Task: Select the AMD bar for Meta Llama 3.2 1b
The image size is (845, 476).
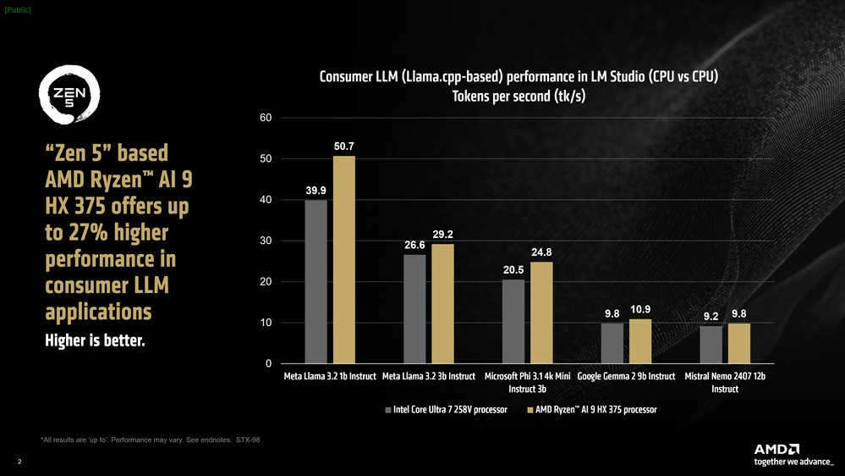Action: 343,260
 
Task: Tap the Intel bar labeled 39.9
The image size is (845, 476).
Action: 316,282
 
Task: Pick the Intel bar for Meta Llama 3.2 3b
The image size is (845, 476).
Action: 414,309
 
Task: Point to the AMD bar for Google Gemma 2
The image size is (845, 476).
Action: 640,342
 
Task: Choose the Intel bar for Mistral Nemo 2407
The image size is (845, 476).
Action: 711,346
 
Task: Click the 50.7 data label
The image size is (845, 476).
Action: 343,147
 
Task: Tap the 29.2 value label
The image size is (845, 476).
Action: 442,234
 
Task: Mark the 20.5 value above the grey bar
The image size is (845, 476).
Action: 513,269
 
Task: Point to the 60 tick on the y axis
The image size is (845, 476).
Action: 266,118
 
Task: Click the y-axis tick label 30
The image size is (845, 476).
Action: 266,241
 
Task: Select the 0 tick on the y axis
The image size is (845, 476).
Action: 268,364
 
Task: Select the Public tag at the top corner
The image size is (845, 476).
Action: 17,9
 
